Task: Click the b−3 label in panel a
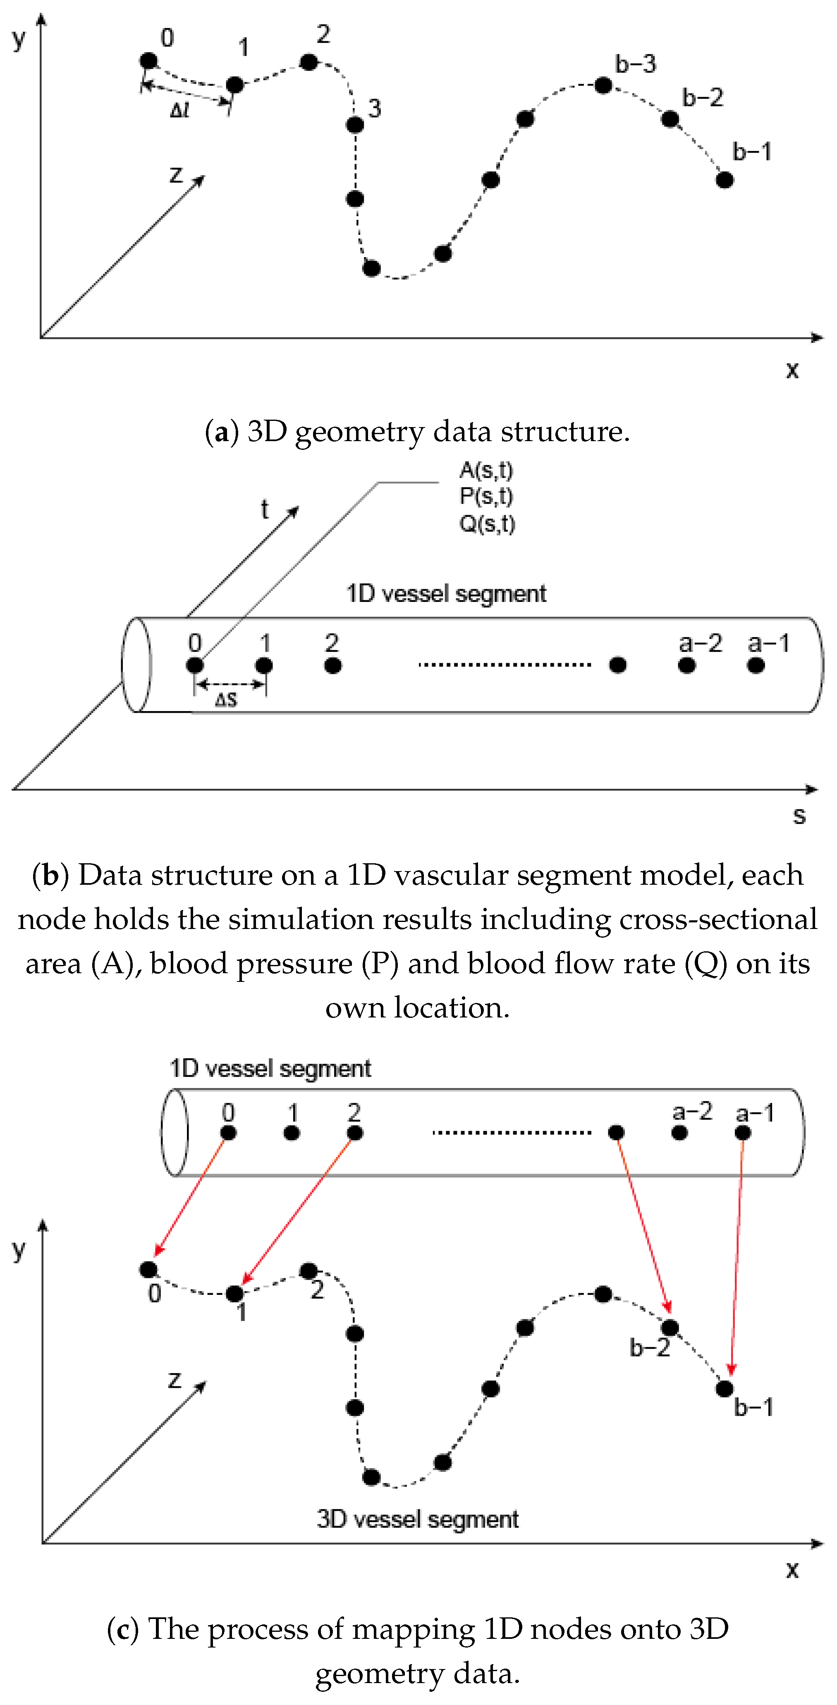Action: [635, 64]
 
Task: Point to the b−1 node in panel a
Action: [725, 179]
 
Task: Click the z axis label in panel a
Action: [175, 174]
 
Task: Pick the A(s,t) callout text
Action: [486, 470]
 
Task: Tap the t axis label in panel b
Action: [264, 510]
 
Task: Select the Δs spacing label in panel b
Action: [226, 700]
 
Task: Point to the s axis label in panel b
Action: [799, 815]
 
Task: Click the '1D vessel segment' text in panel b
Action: [446, 594]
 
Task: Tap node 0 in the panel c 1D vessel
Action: [228, 1133]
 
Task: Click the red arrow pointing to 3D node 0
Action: [191, 1195]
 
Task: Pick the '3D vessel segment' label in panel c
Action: [417, 1519]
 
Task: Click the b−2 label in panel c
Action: [650, 1347]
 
